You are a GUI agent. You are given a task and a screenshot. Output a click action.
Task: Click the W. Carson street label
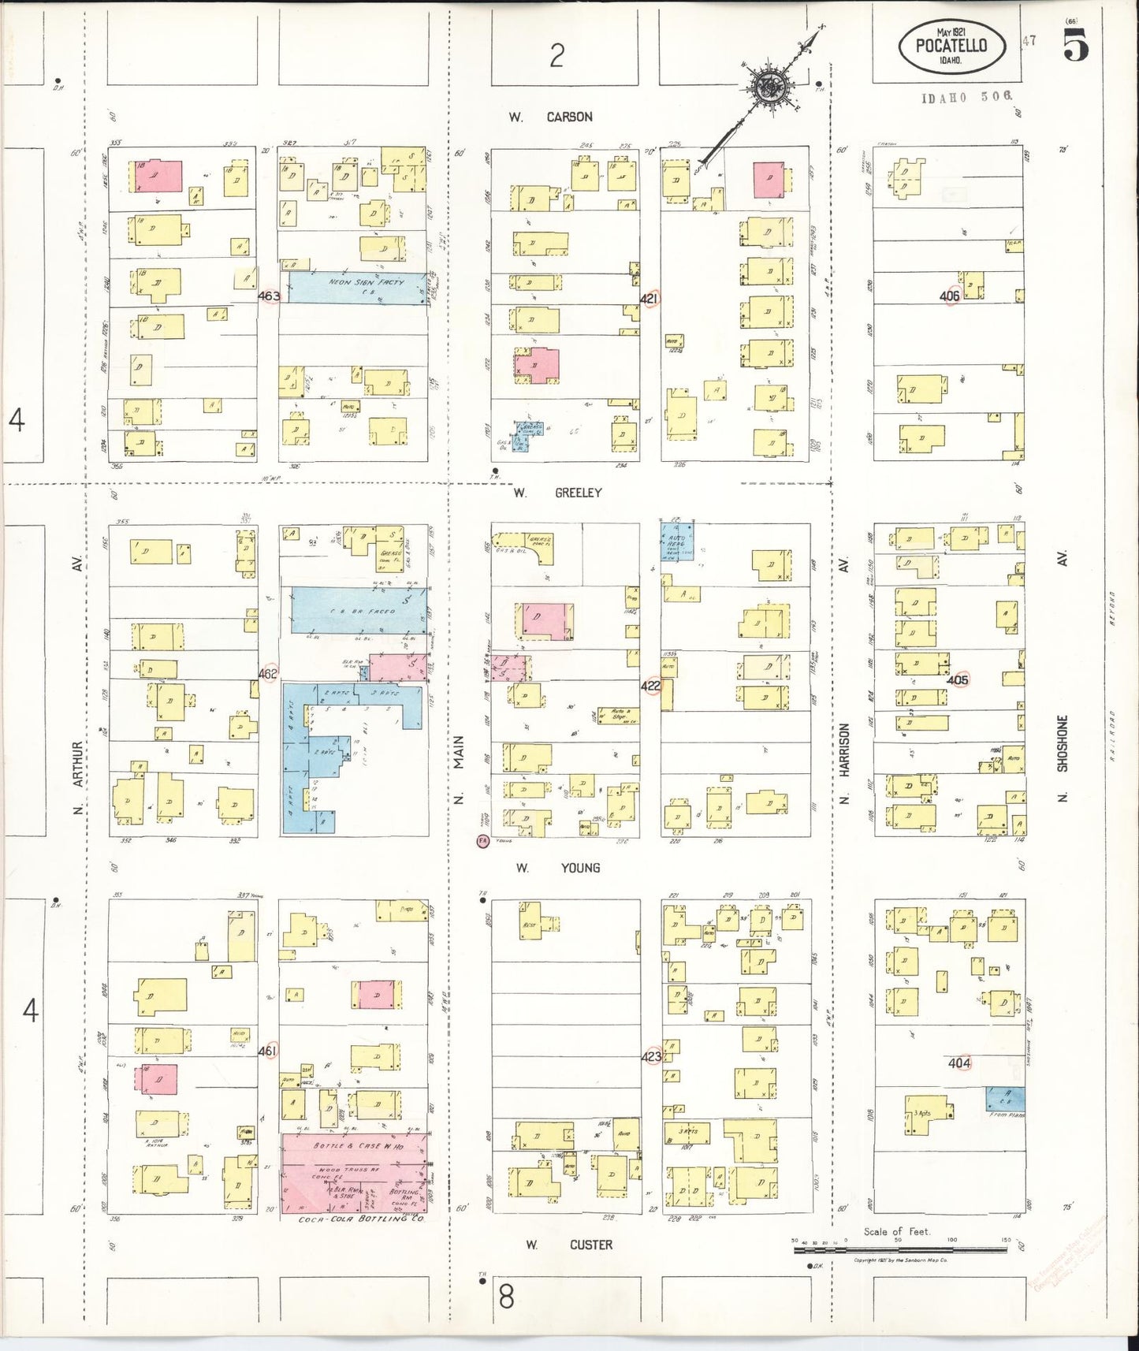tap(550, 117)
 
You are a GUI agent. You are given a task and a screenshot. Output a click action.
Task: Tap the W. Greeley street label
tap(557, 493)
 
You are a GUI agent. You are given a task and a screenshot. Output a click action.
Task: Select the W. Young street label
tap(558, 868)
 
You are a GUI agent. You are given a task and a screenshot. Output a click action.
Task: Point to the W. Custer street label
tap(569, 1245)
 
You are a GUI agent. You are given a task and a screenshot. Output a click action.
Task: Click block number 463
tap(269, 296)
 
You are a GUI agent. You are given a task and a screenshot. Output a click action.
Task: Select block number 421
tap(650, 299)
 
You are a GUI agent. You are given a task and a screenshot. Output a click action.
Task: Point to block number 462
tap(268, 674)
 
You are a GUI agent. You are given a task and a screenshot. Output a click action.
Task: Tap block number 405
tap(958, 679)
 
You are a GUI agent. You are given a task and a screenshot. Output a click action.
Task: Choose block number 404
tap(959, 1063)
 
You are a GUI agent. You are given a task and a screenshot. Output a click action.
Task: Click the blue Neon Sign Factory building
tap(356, 287)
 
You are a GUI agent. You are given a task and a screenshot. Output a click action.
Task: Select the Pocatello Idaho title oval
tap(952, 46)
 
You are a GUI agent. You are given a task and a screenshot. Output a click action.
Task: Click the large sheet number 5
tap(1076, 46)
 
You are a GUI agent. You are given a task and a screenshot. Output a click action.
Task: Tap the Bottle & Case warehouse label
tap(359, 1146)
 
